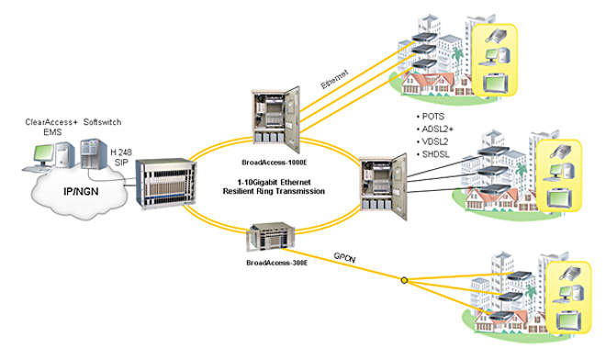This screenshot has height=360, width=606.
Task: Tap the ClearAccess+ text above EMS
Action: [52, 121]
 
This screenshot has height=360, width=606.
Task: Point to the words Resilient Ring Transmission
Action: [276, 190]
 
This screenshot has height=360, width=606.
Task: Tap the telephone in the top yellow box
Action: [496, 37]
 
